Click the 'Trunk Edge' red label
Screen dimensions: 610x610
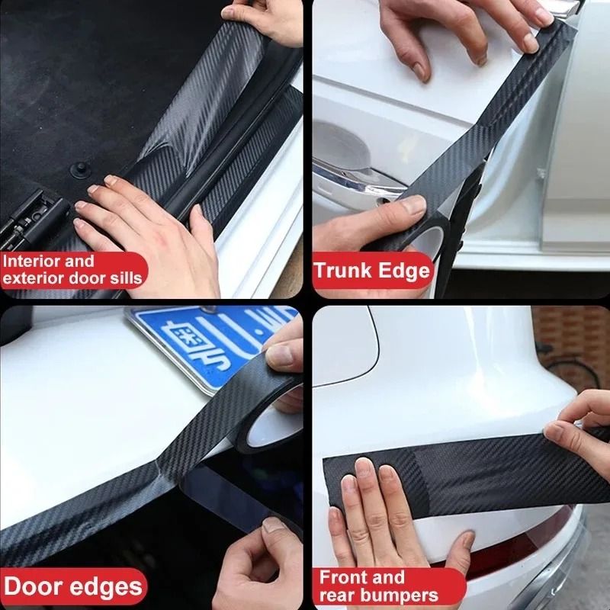(x=373, y=271)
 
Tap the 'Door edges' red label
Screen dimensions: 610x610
(x=72, y=586)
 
